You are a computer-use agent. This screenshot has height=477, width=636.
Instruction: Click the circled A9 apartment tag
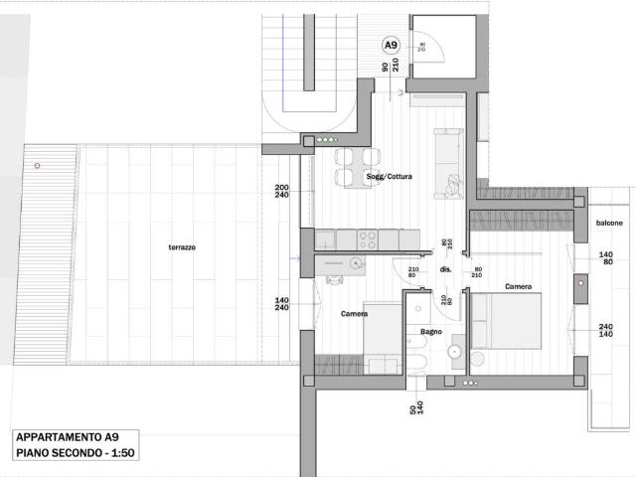[x=392, y=45]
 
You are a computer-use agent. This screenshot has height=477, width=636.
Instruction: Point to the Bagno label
[x=430, y=331]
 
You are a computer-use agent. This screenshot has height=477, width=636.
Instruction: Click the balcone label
[x=609, y=223]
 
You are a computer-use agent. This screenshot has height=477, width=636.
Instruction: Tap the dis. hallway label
[x=446, y=268]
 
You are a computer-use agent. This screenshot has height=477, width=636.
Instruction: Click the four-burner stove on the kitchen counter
[x=367, y=238]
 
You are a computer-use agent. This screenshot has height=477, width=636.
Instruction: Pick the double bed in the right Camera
[x=507, y=320]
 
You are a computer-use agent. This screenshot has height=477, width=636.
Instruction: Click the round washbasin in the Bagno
[x=456, y=350]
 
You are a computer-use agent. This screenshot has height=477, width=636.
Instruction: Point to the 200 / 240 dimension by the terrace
[x=281, y=192]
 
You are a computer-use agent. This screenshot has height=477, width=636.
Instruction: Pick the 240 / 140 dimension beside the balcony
[x=605, y=331]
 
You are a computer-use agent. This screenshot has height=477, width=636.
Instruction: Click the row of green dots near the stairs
[x=326, y=140]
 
